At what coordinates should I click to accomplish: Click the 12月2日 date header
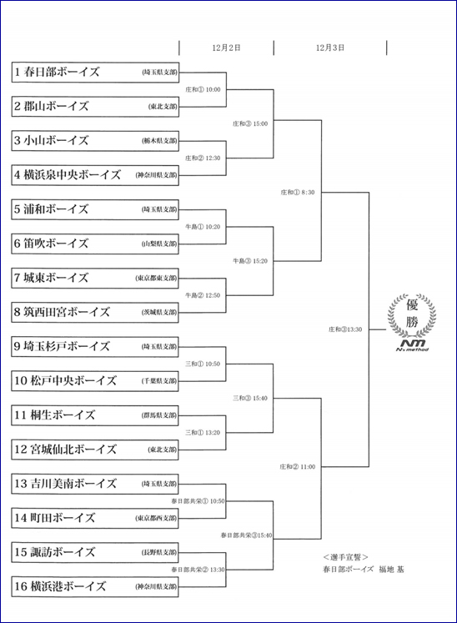226,48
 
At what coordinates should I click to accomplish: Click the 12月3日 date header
330,48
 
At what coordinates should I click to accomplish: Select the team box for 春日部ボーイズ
95,73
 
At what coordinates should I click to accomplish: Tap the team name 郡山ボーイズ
51,107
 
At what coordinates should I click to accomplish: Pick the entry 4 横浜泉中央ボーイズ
95,175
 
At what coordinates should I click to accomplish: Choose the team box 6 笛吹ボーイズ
95,244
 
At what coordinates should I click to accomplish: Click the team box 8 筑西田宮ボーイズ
95,312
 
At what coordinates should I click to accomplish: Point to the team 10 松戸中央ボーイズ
95,380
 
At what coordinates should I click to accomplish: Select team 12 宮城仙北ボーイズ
95,450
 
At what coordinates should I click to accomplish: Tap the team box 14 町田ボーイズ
95,518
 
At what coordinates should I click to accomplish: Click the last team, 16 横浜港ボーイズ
95,586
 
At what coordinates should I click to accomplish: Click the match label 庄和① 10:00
203,90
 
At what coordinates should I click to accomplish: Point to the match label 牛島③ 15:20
250,261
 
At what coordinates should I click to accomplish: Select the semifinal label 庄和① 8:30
297,193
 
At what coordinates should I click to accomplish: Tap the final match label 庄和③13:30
345,329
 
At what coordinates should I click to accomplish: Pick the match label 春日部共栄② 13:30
198,570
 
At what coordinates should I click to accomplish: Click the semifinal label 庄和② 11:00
297,467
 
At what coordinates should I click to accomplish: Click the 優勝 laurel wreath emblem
412,315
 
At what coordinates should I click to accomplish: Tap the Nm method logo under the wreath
413,345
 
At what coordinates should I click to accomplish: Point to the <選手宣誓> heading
346,557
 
